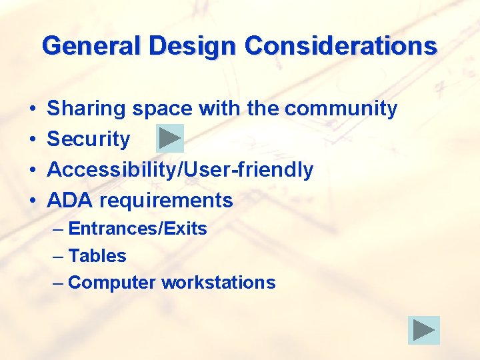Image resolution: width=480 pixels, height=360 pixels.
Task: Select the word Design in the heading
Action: (x=193, y=46)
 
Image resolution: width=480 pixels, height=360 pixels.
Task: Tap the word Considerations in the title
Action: (x=341, y=46)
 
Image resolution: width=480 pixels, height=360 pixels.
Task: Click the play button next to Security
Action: (x=170, y=139)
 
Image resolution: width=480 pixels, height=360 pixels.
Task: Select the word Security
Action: (x=89, y=139)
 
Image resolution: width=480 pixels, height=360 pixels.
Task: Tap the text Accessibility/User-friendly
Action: (x=180, y=169)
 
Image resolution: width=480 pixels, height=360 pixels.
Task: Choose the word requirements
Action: (x=166, y=200)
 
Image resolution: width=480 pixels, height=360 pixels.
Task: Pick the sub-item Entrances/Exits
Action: (x=137, y=229)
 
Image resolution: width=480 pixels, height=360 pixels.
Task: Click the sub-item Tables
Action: (x=97, y=256)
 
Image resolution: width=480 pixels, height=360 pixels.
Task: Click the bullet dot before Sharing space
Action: (x=32, y=109)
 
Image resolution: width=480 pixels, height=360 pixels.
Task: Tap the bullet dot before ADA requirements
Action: (x=32, y=201)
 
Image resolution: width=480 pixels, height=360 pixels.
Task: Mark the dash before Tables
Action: (x=58, y=256)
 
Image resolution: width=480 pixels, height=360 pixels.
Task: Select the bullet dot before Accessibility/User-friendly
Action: (x=32, y=170)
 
